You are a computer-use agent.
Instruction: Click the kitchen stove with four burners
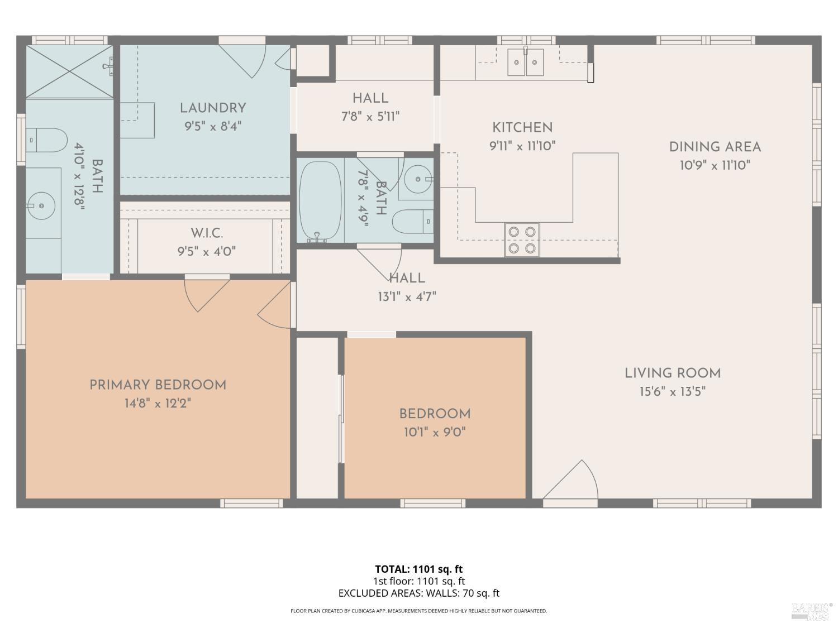pos(522,240)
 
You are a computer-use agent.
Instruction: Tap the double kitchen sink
pos(525,63)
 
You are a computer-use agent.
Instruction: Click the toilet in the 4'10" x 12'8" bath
pos(47,140)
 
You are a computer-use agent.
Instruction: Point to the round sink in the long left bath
pos(41,205)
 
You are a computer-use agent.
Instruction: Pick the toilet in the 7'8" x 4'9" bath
pos(413,222)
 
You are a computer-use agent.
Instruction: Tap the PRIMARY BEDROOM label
pos(158,385)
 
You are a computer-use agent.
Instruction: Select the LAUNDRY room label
pos(213,108)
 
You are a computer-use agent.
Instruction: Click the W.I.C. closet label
pos(207,233)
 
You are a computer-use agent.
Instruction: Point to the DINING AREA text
pos(715,147)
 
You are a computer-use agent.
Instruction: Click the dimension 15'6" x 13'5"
pos(672,391)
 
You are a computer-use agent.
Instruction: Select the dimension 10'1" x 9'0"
pos(435,432)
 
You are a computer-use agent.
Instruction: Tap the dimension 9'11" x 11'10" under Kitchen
pos(522,146)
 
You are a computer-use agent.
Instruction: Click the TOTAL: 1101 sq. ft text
pos(418,569)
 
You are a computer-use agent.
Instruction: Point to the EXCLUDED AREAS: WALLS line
pos(418,593)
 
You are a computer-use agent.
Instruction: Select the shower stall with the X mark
pos(69,71)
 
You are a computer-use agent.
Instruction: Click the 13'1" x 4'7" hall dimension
pos(407,296)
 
